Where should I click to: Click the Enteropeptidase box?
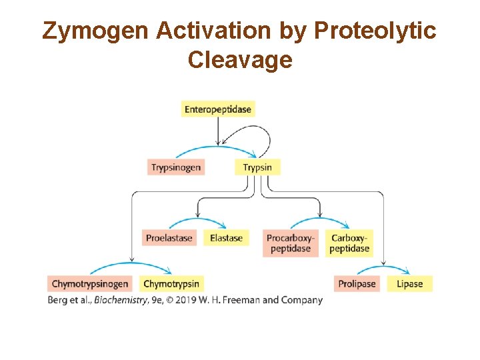coord(218,109)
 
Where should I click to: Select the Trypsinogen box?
coord(175,167)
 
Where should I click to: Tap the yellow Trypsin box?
coord(257,167)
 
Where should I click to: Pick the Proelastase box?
coord(169,238)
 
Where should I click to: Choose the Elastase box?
coord(227,238)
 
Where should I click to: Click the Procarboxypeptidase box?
coord(290,243)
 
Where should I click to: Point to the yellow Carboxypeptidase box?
coord(349,243)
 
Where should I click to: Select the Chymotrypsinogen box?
coord(90,284)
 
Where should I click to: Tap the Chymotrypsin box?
coord(171,284)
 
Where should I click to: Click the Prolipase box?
coord(357,284)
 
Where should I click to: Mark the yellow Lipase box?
coord(409,284)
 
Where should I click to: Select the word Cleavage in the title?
coord(240,60)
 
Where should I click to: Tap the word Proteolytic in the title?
coord(375,31)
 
